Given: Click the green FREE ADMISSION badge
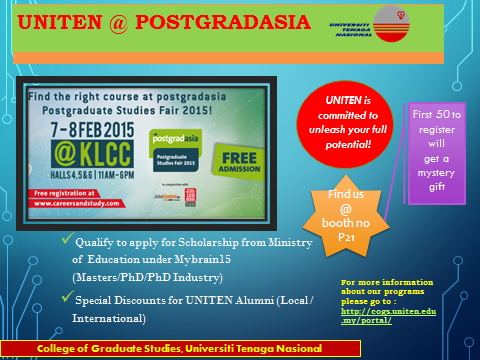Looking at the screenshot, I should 236,160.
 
